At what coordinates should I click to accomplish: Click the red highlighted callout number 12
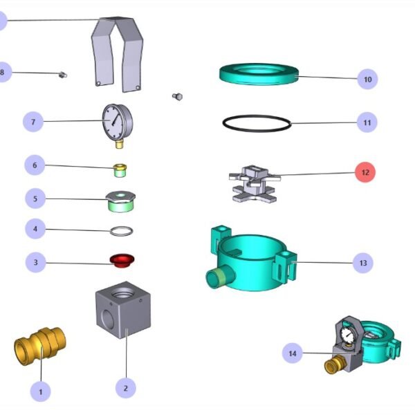(366, 172)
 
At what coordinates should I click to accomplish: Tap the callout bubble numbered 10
(367, 80)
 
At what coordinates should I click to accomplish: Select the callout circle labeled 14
(293, 353)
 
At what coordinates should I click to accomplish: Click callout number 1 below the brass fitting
(40, 392)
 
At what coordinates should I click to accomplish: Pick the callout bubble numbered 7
(33, 122)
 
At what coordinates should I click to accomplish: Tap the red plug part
(122, 261)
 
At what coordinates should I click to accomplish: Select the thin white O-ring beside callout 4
(122, 230)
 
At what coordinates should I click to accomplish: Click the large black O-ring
(256, 123)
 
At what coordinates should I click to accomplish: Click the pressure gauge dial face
(116, 121)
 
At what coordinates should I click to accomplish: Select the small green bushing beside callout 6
(121, 169)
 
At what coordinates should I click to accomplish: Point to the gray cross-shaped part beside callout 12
(253, 183)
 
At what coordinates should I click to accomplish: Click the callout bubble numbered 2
(125, 388)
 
